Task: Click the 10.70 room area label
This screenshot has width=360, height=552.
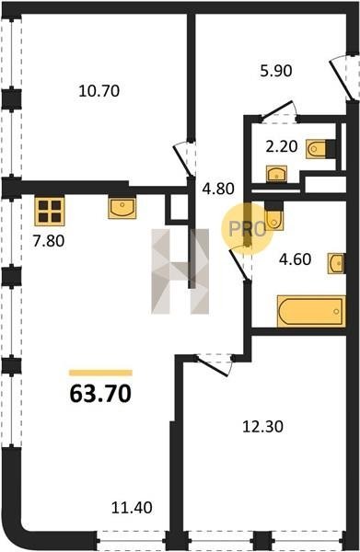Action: [99, 91]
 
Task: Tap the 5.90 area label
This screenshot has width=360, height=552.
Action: [276, 71]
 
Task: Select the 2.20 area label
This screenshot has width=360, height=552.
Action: [282, 146]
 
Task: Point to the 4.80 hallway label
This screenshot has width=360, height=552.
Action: [218, 189]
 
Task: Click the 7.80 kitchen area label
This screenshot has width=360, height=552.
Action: [49, 241]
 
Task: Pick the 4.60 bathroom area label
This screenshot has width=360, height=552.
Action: [296, 259]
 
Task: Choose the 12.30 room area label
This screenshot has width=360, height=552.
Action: [262, 427]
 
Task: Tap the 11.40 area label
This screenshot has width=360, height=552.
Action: [132, 508]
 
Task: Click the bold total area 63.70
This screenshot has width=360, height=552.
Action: [100, 393]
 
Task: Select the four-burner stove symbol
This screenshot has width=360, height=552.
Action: [50, 211]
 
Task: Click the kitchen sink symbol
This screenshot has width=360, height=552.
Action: [122, 207]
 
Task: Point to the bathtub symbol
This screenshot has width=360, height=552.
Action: [310, 311]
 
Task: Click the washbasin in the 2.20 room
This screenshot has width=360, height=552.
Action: [276, 174]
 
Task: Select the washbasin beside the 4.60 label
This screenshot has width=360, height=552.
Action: [336, 263]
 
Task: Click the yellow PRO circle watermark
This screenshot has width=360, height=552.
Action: [247, 229]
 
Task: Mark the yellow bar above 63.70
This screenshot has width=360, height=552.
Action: [100, 373]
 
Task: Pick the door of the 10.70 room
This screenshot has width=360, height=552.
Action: [183, 160]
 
